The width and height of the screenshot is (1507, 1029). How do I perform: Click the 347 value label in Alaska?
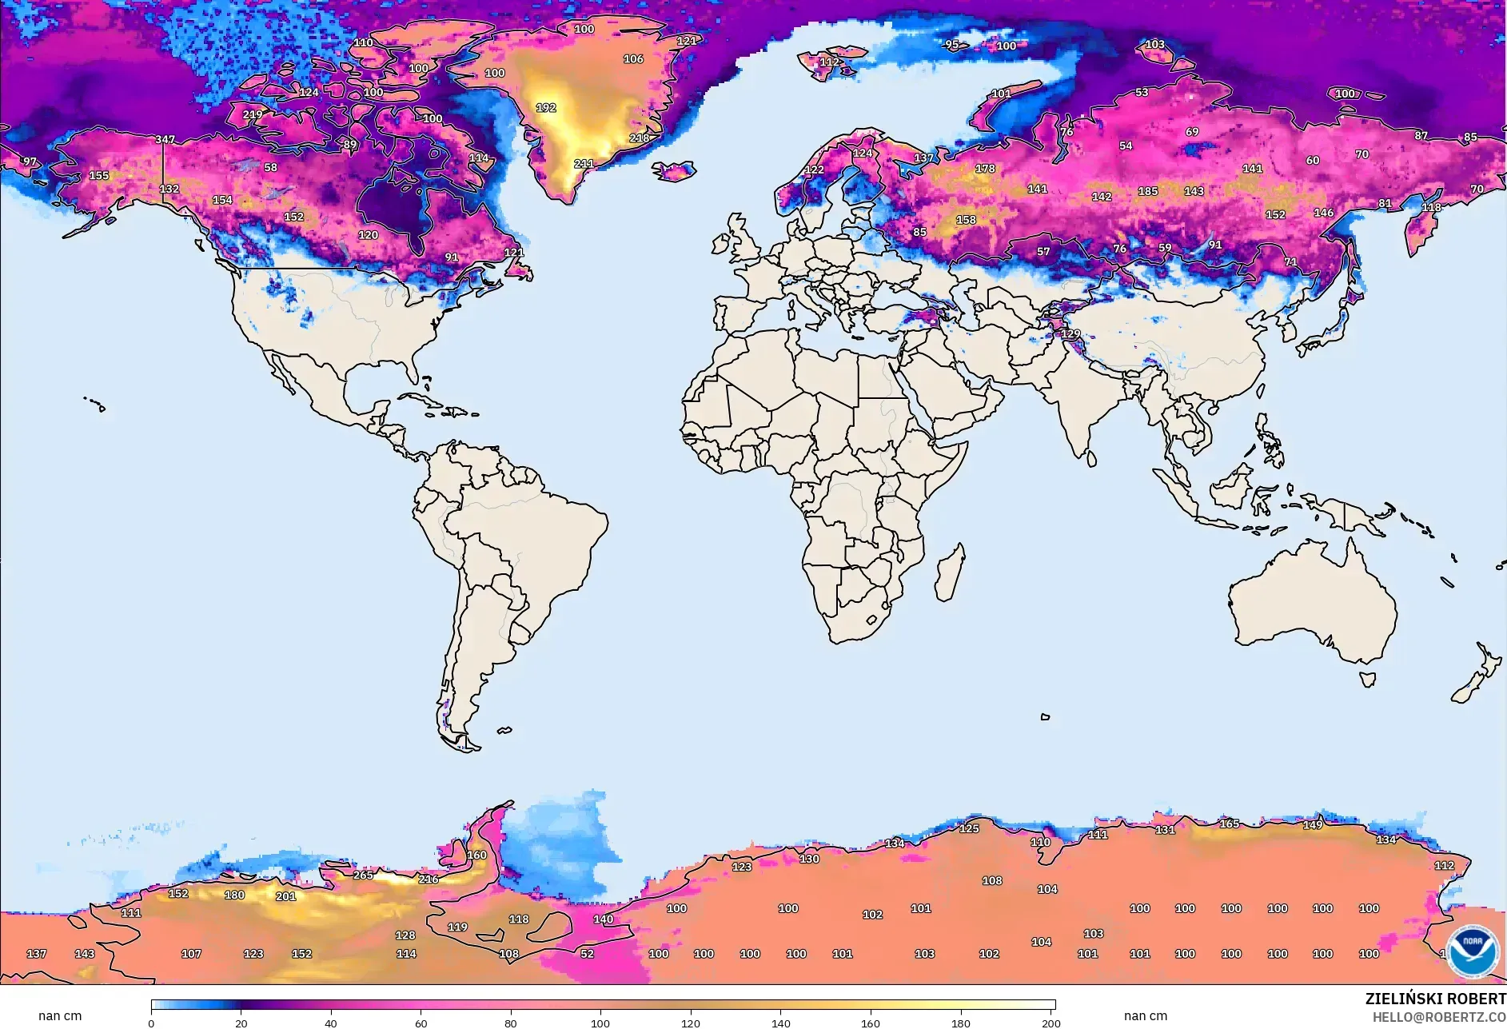[x=165, y=139]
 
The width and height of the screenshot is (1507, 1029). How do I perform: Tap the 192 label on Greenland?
[x=546, y=107]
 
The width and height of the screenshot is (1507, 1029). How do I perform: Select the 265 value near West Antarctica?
[x=363, y=875]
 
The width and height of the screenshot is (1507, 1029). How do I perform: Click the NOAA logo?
[x=1473, y=951]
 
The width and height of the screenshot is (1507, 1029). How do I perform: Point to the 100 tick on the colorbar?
[x=600, y=1023]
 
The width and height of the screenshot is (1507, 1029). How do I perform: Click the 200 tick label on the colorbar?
[x=1051, y=1023]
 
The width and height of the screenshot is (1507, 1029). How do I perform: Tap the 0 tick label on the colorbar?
[x=151, y=1023]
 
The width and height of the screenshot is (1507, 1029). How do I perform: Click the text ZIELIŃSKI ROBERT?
[x=1435, y=999]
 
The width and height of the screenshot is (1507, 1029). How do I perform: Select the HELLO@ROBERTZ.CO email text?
[x=1439, y=1017]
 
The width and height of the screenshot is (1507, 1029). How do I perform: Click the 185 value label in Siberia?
[x=1148, y=191]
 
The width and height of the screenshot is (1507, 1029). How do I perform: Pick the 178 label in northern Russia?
[x=985, y=169]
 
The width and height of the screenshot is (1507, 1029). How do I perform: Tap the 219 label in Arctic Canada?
[x=253, y=114]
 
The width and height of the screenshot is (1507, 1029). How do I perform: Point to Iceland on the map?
[x=674, y=170]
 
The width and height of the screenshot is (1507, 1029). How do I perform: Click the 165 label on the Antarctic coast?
[x=1229, y=824]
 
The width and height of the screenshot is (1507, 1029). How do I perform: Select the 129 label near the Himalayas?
[x=1070, y=333]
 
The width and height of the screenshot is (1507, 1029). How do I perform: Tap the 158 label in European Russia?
[x=966, y=219]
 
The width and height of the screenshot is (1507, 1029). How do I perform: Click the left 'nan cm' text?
[x=60, y=1015]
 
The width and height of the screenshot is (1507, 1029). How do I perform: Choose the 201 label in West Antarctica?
[x=285, y=896]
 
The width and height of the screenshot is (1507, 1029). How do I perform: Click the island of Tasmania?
[x=1368, y=680]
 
